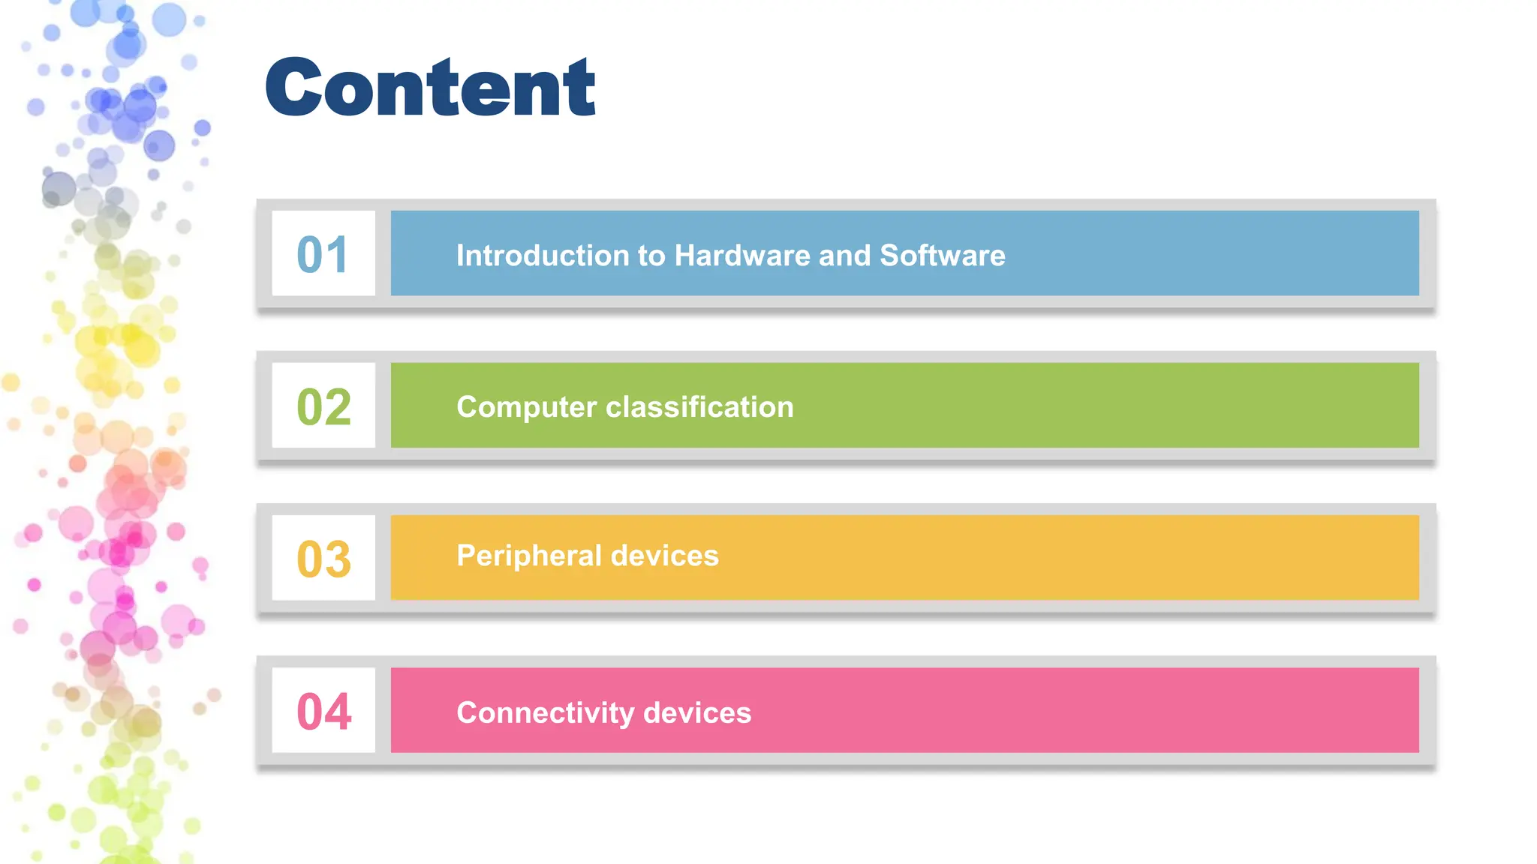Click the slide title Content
[430, 88]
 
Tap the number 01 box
[323, 253]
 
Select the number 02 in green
[323, 406]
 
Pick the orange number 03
[323, 559]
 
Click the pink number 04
[323, 711]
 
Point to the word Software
[942, 256]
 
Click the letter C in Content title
[297, 88]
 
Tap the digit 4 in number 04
[338, 711]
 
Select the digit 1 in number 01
[338, 253]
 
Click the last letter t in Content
[580, 88]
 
